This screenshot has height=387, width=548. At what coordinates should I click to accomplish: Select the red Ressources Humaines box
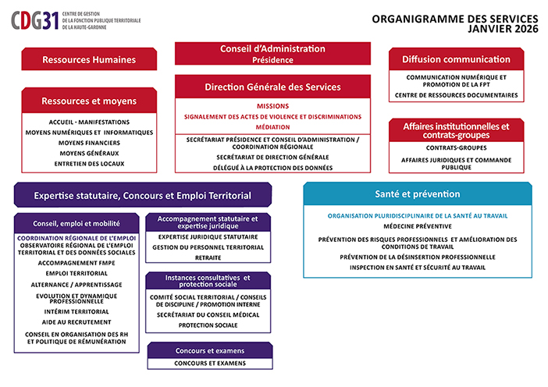pyautogui.click(x=89, y=59)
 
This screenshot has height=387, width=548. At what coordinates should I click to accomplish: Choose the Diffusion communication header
pyautogui.click(x=456, y=59)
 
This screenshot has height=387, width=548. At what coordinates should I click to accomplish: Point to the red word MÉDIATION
pyautogui.click(x=272, y=126)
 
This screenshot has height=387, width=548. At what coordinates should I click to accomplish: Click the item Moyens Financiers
pyautogui.click(x=89, y=143)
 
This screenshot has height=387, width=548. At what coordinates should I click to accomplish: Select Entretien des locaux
pyautogui.click(x=89, y=163)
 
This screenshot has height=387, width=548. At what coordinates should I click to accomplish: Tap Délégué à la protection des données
pyautogui.click(x=272, y=167)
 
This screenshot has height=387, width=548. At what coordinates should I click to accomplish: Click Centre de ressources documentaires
pyautogui.click(x=456, y=94)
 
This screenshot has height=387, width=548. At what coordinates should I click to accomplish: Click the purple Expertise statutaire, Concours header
pyautogui.click(x=142, y=195)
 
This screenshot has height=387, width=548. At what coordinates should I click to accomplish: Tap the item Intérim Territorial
pyautogui.click(x=77, y=310)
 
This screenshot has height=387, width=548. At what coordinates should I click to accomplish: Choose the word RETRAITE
pyautogui.click(x=208, y=257)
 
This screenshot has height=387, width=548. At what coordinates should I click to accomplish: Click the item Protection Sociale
pyautogui.click(x=208, y=325)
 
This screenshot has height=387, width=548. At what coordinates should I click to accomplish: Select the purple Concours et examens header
pyautogui.click(x=208, y=350)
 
